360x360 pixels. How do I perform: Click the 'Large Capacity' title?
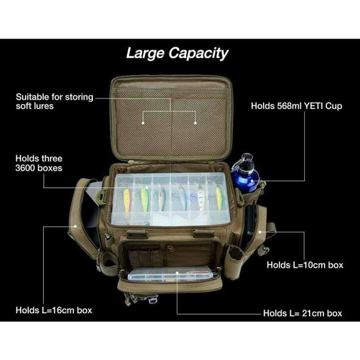tap(177, 53)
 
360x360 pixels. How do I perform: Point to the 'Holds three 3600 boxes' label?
tap(39, 164)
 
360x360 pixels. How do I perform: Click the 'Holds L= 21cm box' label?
tap(302, 313)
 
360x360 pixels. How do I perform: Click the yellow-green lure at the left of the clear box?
tap(127, 198)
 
